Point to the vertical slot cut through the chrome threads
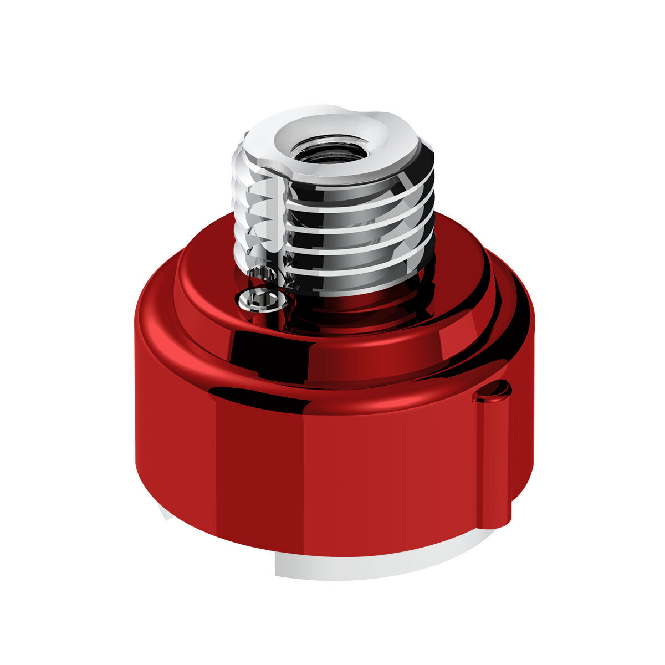[x=280, y=222]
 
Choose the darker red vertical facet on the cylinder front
[x=260, y=471]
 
